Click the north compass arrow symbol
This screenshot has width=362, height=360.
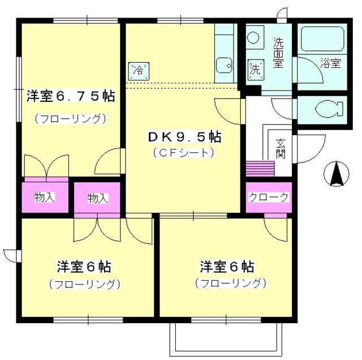(x=336, y=174)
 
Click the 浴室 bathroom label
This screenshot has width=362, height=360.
(x=330, y=63)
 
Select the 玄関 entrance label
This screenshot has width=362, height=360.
(x=281, y=149)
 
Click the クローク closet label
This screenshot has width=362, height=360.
(x=269, y=197)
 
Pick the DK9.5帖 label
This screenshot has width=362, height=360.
(x=184, y=136)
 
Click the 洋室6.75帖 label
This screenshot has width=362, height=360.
(x=70, y=96)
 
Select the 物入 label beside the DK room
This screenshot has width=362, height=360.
(x=97, y=198)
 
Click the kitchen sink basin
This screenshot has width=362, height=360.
(x=225, y=66)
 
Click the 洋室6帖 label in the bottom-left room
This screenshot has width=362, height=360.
(x=84, y=266)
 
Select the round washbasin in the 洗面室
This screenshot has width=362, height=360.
(x=253, y=38)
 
